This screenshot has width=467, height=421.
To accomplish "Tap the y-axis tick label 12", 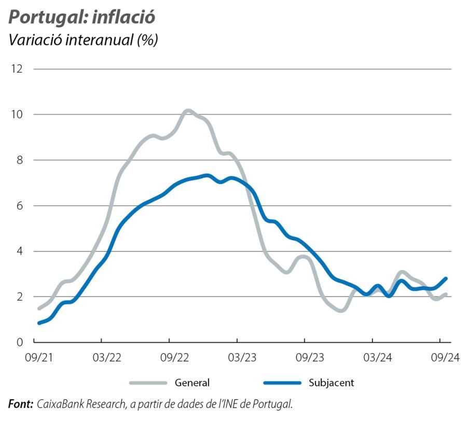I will (17, 69).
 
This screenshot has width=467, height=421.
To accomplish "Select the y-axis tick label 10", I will (17, 115).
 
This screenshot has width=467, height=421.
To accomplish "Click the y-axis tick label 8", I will (19, 160).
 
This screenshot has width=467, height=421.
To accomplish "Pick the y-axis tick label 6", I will (19, 206).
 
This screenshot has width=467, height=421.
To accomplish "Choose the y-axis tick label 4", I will (19, 251).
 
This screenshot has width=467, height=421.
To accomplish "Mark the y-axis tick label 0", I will (19, 342).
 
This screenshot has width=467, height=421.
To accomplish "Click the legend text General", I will (192, 383).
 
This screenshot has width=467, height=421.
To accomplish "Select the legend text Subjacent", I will (331, 383).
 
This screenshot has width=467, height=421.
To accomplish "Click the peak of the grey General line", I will (187, 110).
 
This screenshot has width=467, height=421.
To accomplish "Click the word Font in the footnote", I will (20, 403).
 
